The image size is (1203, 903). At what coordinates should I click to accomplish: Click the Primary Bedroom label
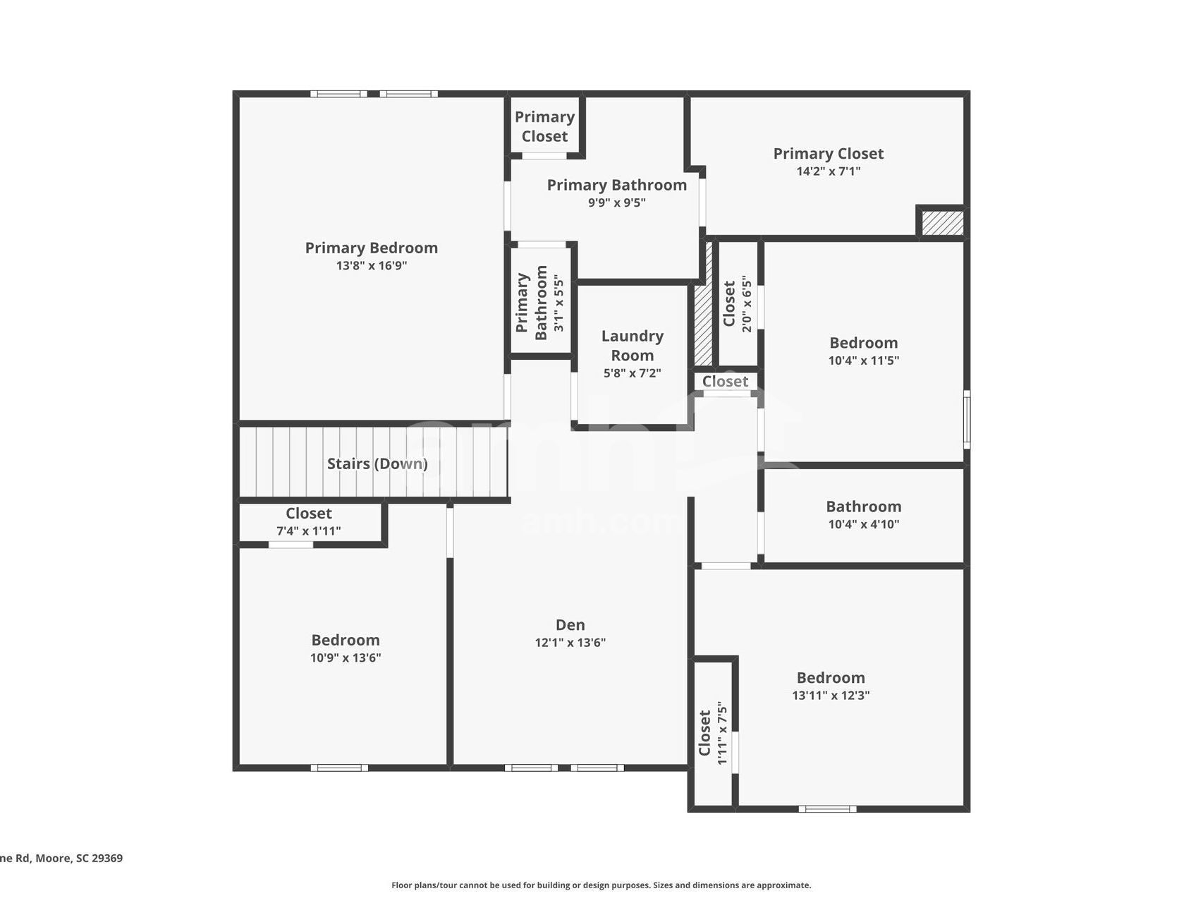[x=371, y=248]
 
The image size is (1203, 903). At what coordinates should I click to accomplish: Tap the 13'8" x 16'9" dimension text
[x=371, y=266]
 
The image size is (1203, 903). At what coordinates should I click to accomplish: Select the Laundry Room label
[x=632, y=346]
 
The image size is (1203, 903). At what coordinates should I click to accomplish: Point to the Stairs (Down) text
[x=377, y=463]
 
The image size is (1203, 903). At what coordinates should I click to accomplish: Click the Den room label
[x=570, y=624]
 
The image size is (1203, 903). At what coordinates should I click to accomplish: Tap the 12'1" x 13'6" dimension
[x=570, y=643]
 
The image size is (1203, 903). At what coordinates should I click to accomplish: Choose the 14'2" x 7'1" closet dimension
[x=828, y=171]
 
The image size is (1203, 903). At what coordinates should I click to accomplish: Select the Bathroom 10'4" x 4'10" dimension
[x=863, y=524]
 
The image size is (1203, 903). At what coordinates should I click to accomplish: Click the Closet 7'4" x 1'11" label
[x=308, y=514]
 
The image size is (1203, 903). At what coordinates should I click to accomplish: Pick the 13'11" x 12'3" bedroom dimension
[x=830, y=696]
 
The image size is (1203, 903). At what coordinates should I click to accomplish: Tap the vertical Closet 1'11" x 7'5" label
[x=705, y=733]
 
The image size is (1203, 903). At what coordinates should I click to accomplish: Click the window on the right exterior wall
[x=966, y=419]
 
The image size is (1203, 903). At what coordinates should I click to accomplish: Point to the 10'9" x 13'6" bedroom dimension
[x=346, y=658]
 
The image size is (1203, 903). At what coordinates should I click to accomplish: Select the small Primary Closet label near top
[x=544, y=126]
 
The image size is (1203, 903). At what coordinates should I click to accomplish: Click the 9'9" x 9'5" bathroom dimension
[x=616, y=203]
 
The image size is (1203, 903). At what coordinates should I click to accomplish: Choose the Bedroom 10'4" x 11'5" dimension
[x=863, y=360]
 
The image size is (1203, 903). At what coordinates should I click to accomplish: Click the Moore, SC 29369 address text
[x=78, y=859]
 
